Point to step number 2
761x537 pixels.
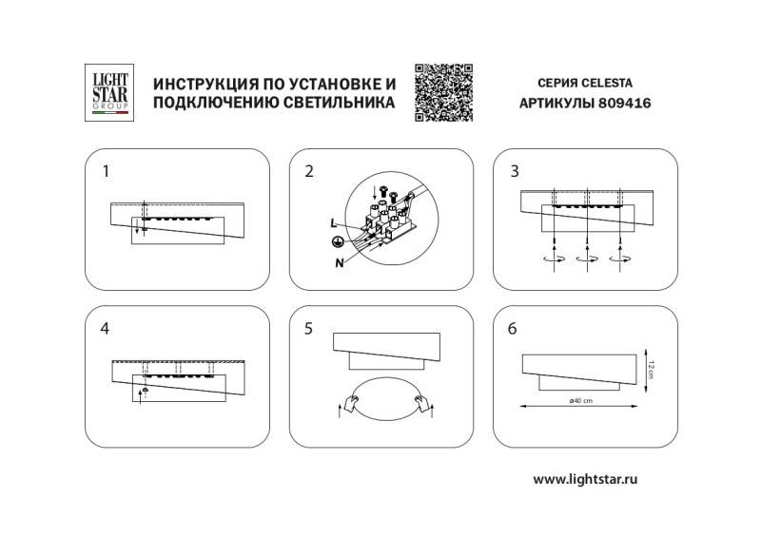click(308, 172)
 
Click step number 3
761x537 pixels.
click(515, 172)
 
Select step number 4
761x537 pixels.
click(107, 329)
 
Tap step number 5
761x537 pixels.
click(308, 329)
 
